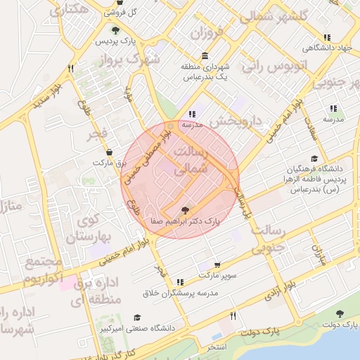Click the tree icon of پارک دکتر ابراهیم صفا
coord(185,210)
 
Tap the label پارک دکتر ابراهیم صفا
coord(185,221)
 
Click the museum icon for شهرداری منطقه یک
coord(205,56)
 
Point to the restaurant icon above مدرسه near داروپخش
coord(191,114)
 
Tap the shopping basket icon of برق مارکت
coord(109,152)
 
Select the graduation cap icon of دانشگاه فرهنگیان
coord(314,158)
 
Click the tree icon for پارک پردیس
coord(115,30)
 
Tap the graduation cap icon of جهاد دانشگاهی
coord(326,37)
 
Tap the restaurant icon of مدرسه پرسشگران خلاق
coord(181,282)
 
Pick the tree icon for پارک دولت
coord(340,314)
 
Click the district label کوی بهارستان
coord(89,228)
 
